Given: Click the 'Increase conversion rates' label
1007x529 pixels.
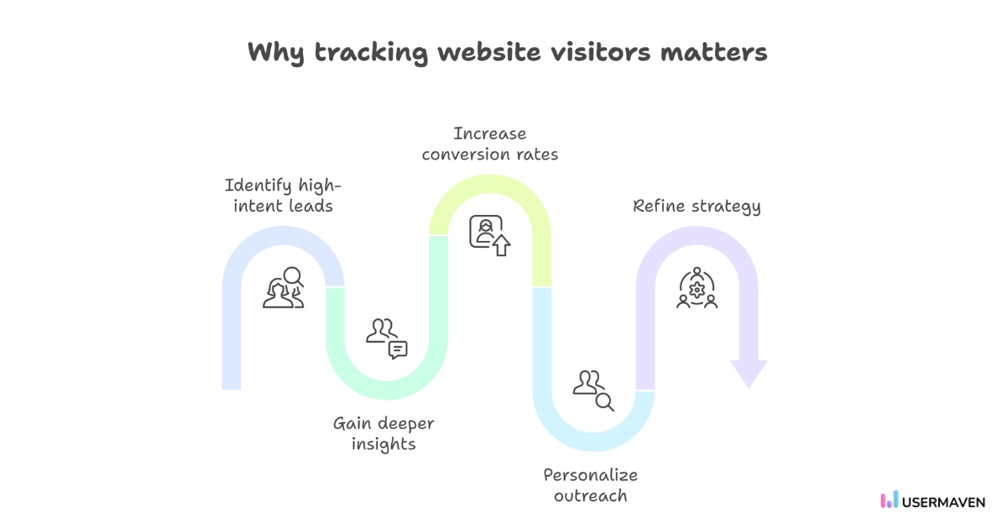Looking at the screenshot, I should pos(490,144).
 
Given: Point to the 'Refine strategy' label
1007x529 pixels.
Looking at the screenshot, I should pos(697,207).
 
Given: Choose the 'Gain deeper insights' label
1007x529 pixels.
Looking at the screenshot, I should pos(383,433).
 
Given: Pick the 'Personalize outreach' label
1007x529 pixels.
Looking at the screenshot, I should pos(590,484).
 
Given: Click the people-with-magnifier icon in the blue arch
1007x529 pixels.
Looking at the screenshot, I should pos(284,287).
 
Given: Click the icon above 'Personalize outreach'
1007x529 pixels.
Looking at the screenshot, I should pos(593,390).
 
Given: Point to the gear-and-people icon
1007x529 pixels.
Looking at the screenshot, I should pos(697,288).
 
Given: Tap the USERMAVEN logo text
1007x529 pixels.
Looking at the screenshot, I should pos(944,501).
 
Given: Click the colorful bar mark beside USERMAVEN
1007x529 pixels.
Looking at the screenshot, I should pos(889,500).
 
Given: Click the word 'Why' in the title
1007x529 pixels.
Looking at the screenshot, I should pos(276,52).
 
